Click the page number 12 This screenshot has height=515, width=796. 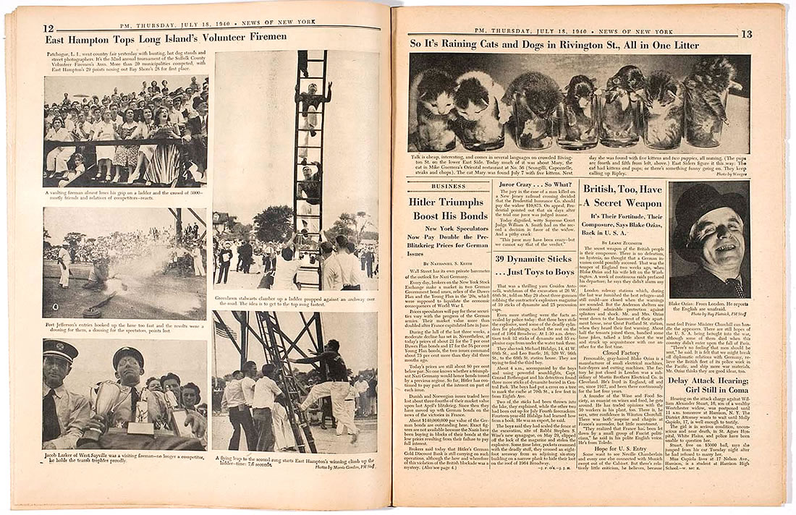point(48,29)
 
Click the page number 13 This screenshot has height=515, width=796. point(746,34)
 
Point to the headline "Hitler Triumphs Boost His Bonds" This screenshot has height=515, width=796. point(448,209)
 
